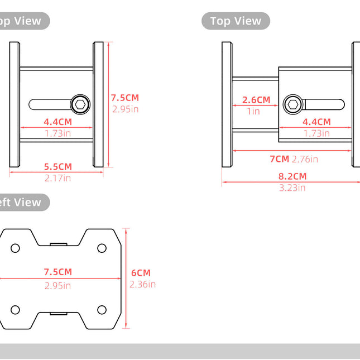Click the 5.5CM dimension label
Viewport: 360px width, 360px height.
58,166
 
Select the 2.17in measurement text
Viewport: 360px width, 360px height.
58,178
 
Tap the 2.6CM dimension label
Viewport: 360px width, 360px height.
256,100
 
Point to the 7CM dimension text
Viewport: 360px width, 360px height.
279,159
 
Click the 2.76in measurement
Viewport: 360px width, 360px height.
305,159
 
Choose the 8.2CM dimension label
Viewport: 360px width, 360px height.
292,176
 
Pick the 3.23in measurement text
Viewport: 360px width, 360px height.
292,188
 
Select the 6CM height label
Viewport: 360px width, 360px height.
141,273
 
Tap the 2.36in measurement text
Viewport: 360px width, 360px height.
142,284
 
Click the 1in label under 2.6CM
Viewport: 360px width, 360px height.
254,111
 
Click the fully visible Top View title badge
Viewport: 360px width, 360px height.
236,21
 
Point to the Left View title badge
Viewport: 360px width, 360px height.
22,202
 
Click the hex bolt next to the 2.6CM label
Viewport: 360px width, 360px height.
292,104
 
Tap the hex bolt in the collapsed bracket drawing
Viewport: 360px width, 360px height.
80,104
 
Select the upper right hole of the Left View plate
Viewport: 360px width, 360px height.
102,248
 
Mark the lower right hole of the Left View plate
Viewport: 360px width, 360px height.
102,310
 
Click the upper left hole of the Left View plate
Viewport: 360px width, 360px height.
15,248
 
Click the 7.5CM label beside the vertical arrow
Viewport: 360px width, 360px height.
124,97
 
